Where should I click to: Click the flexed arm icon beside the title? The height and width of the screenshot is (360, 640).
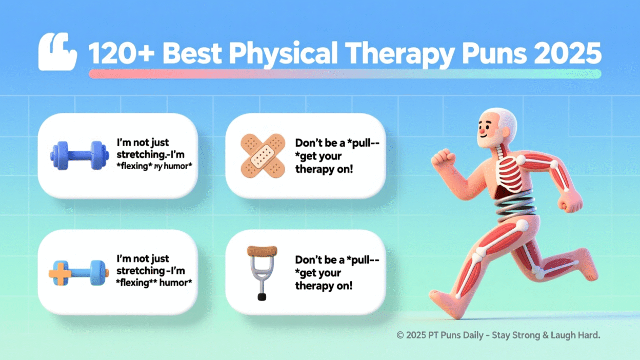coord(57,52)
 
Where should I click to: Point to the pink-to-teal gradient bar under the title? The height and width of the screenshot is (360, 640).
coord(345,74)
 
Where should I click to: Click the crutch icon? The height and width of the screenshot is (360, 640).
coord(262,272)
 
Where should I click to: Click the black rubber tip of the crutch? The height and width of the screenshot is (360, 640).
coord(262,296)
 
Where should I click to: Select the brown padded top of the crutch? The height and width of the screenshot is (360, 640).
coord(262,251)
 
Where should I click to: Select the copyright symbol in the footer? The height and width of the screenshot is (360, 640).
coord(400,335)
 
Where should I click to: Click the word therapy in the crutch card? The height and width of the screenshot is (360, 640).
coord(314,286)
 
